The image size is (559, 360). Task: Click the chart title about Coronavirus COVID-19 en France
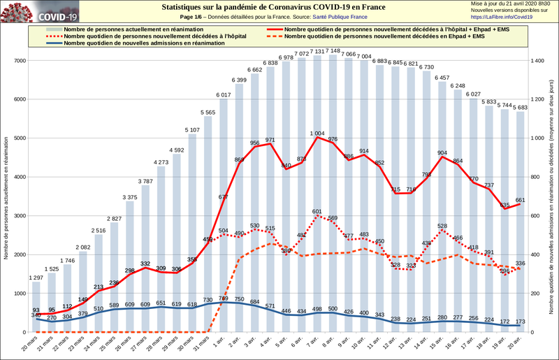coord(273,6)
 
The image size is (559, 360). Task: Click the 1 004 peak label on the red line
coord(318,133)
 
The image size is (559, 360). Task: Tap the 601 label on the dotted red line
coord(318,211)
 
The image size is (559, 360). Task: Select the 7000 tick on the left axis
coord(20,61)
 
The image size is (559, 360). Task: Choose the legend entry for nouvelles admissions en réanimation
coord(143,43)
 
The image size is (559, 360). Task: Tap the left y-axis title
coord(6,196)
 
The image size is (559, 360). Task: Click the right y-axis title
coord(552,196)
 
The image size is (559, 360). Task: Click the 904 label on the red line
coord(442,152)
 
